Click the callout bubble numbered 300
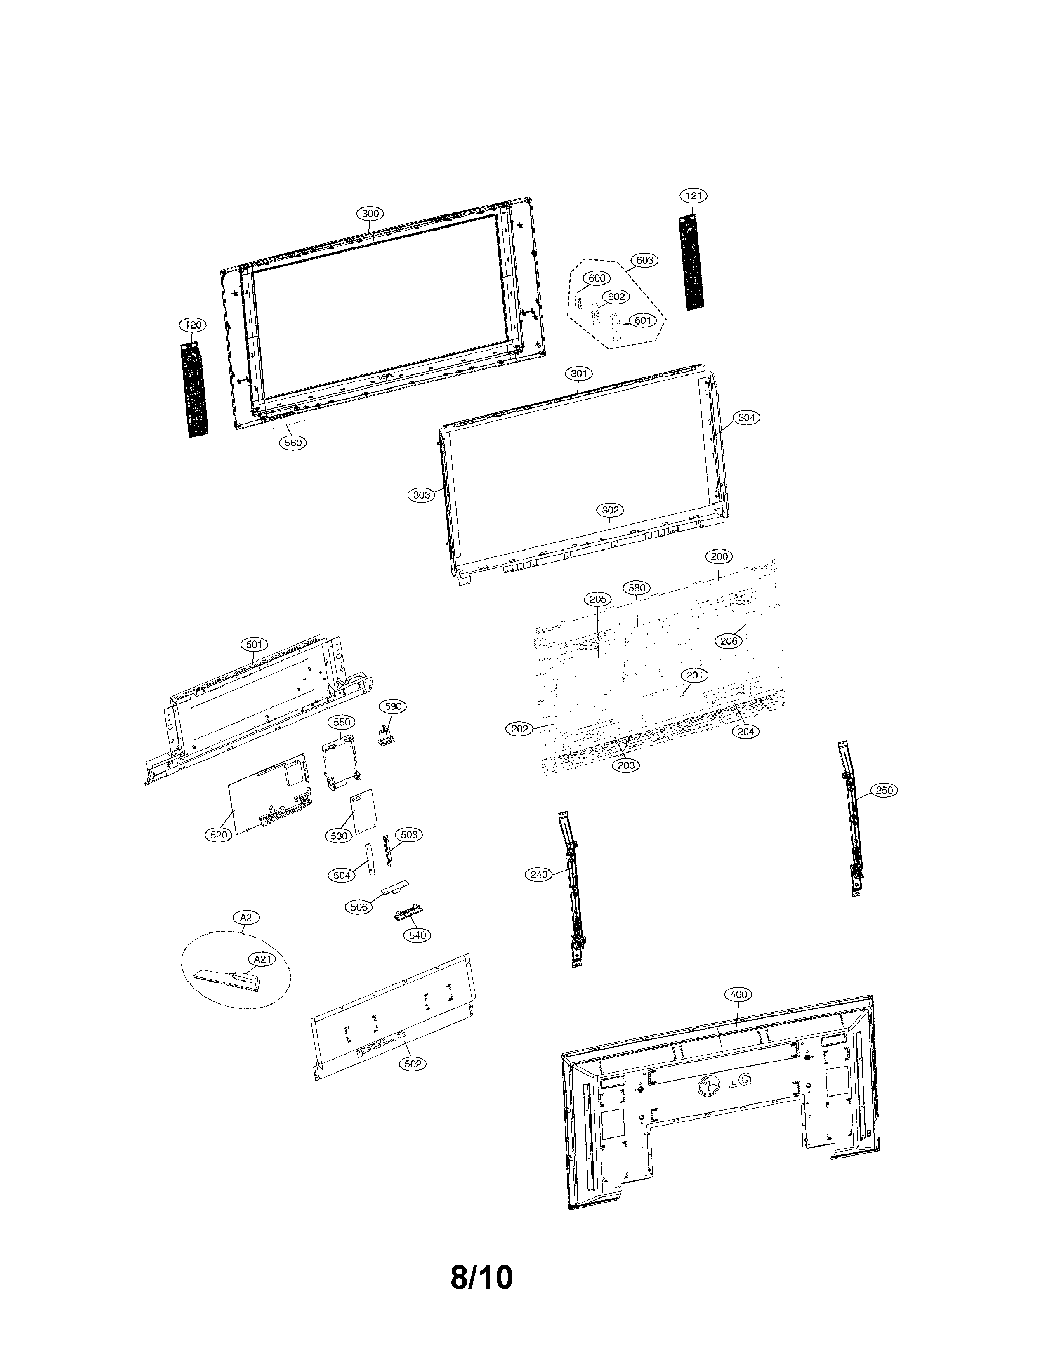(370, 213)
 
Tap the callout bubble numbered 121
(693, 195)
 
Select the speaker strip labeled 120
(194, 389)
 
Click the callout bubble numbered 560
(293, 443)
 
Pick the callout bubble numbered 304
(747, 417)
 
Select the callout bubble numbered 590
(393, 706)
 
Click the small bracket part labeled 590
(387, 736)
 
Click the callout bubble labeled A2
(245, 917)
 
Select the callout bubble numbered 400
(738, 995)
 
